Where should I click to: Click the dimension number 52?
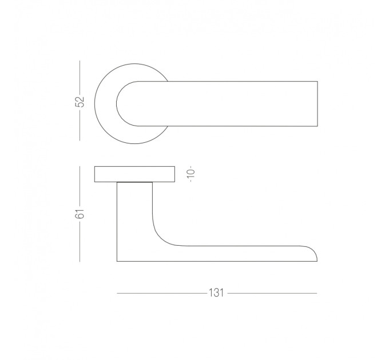(80, 101)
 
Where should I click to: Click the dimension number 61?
(80, 214)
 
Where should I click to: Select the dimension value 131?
(216, 293)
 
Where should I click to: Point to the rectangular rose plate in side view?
(134, 174)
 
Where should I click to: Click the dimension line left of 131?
(162, 293)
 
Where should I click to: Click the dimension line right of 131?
(272, 293)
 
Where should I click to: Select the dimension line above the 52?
(80, 78)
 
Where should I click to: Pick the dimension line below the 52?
(80, 124)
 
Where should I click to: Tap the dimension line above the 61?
(80, 187)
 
